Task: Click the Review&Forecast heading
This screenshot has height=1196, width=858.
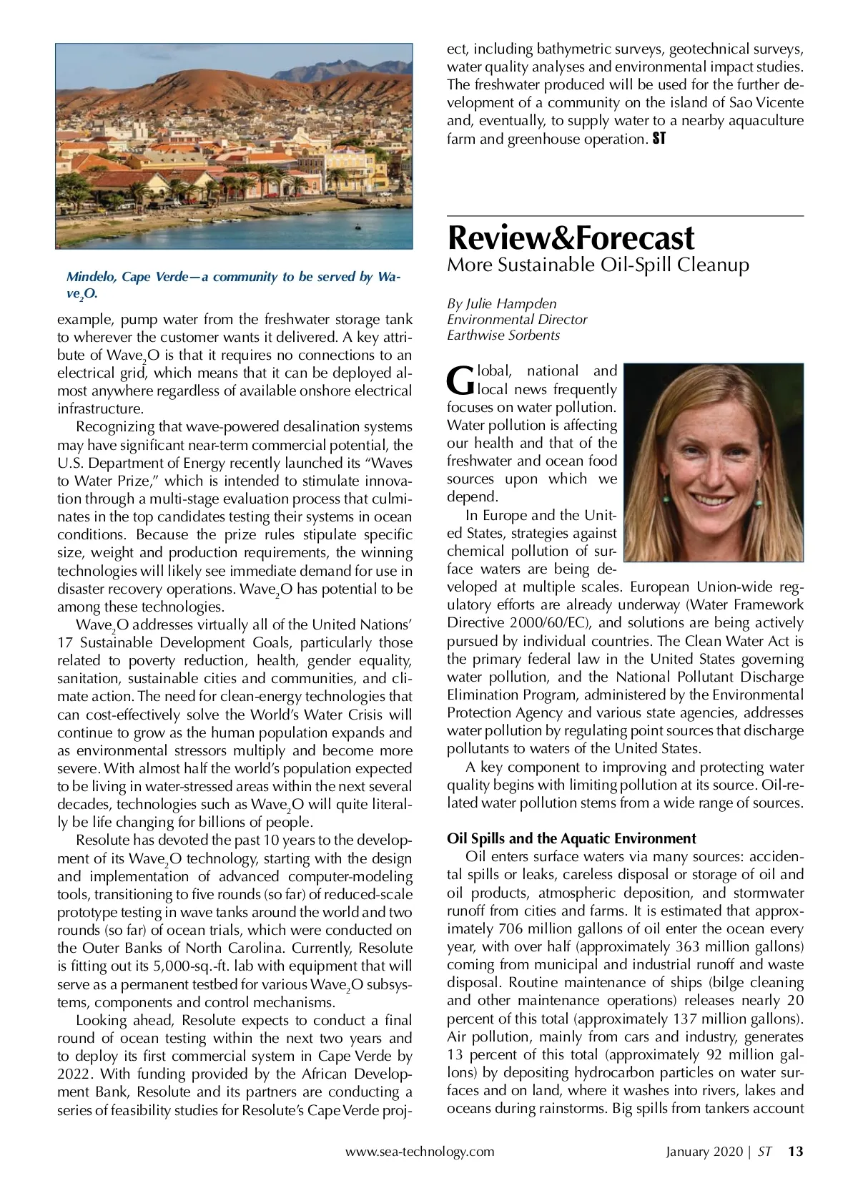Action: click(571, 237)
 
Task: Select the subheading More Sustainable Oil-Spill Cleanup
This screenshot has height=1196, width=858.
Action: click(598, 265)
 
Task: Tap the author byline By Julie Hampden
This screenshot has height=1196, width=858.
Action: click(501, 303)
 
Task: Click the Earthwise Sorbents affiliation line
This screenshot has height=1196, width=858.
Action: click(503, 335)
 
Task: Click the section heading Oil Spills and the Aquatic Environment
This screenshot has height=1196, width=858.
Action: click(571, 838)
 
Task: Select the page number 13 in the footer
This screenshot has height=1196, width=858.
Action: click(795, 1152)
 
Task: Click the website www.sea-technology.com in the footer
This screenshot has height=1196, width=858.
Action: click(420, 1152)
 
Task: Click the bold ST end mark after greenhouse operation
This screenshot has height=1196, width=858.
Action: click(659, 139)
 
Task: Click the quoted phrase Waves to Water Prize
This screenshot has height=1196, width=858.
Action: click(235, 471)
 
